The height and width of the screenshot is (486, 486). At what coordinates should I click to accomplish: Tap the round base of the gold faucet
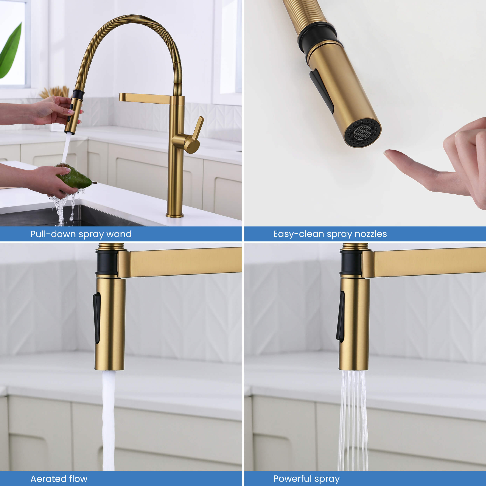coord(175,215)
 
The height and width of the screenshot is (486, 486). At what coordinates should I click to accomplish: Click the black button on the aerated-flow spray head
coord(97,317)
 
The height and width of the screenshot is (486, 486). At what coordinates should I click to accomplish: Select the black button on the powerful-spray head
coord(341,316)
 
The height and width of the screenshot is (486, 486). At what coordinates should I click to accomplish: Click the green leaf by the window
coord(10,52)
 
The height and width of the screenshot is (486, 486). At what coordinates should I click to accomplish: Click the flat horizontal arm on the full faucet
coord(145,98)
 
